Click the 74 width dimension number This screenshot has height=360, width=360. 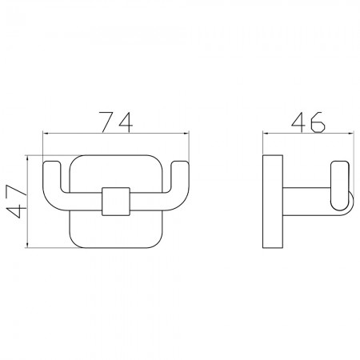116,122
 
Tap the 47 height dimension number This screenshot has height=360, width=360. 17,202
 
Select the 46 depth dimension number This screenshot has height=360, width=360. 308,122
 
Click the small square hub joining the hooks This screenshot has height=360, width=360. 116,202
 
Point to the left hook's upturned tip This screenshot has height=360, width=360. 52,163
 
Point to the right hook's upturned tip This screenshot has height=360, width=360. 180,163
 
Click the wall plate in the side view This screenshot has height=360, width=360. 273,202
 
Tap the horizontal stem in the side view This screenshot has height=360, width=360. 306,202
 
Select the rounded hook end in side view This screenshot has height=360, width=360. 339,186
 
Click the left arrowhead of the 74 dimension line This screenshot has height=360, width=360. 46,133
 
